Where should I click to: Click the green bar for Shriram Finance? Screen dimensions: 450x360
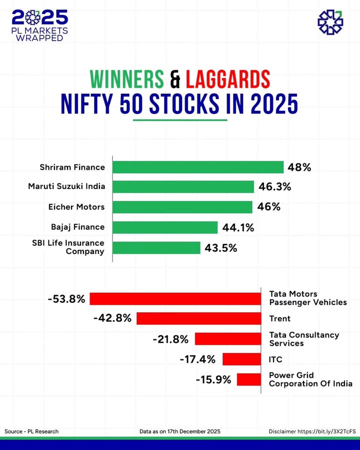tap(198, 167)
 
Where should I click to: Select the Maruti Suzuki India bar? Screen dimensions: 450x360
tap(183, 187)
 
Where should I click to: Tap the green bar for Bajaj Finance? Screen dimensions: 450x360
tap(165, 227)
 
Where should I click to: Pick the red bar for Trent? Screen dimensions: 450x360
tap(198, 318)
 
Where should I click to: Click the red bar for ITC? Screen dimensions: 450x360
tap(241, 359)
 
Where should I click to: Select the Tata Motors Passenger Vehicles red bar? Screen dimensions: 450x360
tap(175, 298)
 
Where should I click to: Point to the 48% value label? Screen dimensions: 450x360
tap(299, 167)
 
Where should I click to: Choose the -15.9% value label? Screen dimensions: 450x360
tap(213, 379)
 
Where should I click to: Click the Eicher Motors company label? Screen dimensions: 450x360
tap(76, 207)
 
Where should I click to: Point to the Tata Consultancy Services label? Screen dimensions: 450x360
tap(304, 339)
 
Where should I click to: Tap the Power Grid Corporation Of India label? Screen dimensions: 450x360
tap(310, 379)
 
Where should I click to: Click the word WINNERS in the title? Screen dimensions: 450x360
tap(126, 79)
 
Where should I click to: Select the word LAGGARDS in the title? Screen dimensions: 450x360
tap(227, 79)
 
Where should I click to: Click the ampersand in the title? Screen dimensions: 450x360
tap(174, 79)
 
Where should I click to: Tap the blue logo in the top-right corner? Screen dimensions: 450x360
tap(330, 22)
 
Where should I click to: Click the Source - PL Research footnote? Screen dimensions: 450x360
tap(31, 431)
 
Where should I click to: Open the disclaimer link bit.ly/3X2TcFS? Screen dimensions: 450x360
tap(326, 431)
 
